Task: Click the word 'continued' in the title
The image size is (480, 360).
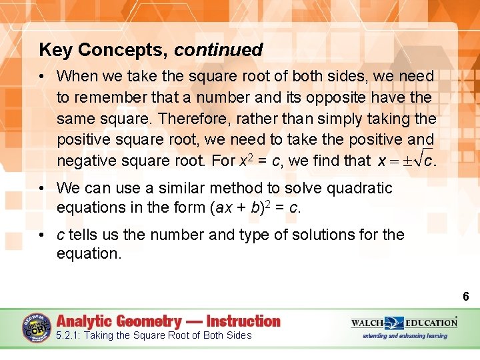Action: coord(219,50)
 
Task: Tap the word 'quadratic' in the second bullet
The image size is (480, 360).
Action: coord(365,188)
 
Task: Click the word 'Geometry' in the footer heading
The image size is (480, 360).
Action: coord(149,321)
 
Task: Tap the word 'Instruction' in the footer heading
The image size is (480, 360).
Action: coord(244,321)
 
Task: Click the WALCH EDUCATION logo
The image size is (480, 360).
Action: coord(404,323)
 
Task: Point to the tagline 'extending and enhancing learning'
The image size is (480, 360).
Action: coord(405,335)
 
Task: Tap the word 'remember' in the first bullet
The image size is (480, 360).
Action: coord(110,97)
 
